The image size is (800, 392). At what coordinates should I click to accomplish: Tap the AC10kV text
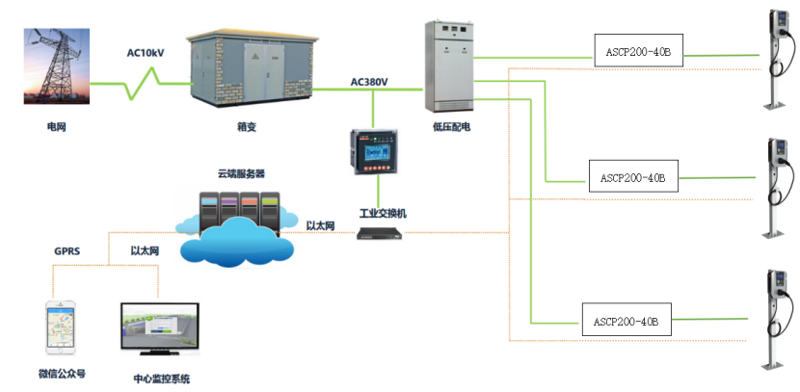(146, 54)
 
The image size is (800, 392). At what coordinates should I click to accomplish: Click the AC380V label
(369, 82)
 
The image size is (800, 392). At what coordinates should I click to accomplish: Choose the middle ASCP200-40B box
(633, 177)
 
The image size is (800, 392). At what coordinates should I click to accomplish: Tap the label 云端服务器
(241, 173)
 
